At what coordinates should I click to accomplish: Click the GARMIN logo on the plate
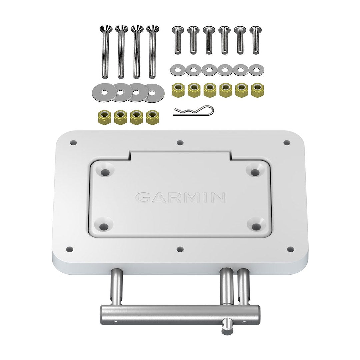tap(180, 198)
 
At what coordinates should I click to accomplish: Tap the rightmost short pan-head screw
tap(256, 40)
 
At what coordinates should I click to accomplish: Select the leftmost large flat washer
tap(102, 92)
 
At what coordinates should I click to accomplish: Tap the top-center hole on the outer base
tap(180, 143)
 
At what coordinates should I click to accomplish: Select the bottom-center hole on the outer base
tap(180, 249)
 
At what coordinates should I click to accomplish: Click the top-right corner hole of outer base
tap(287, 143)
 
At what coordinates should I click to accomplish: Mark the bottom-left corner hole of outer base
tap(70, 249)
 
